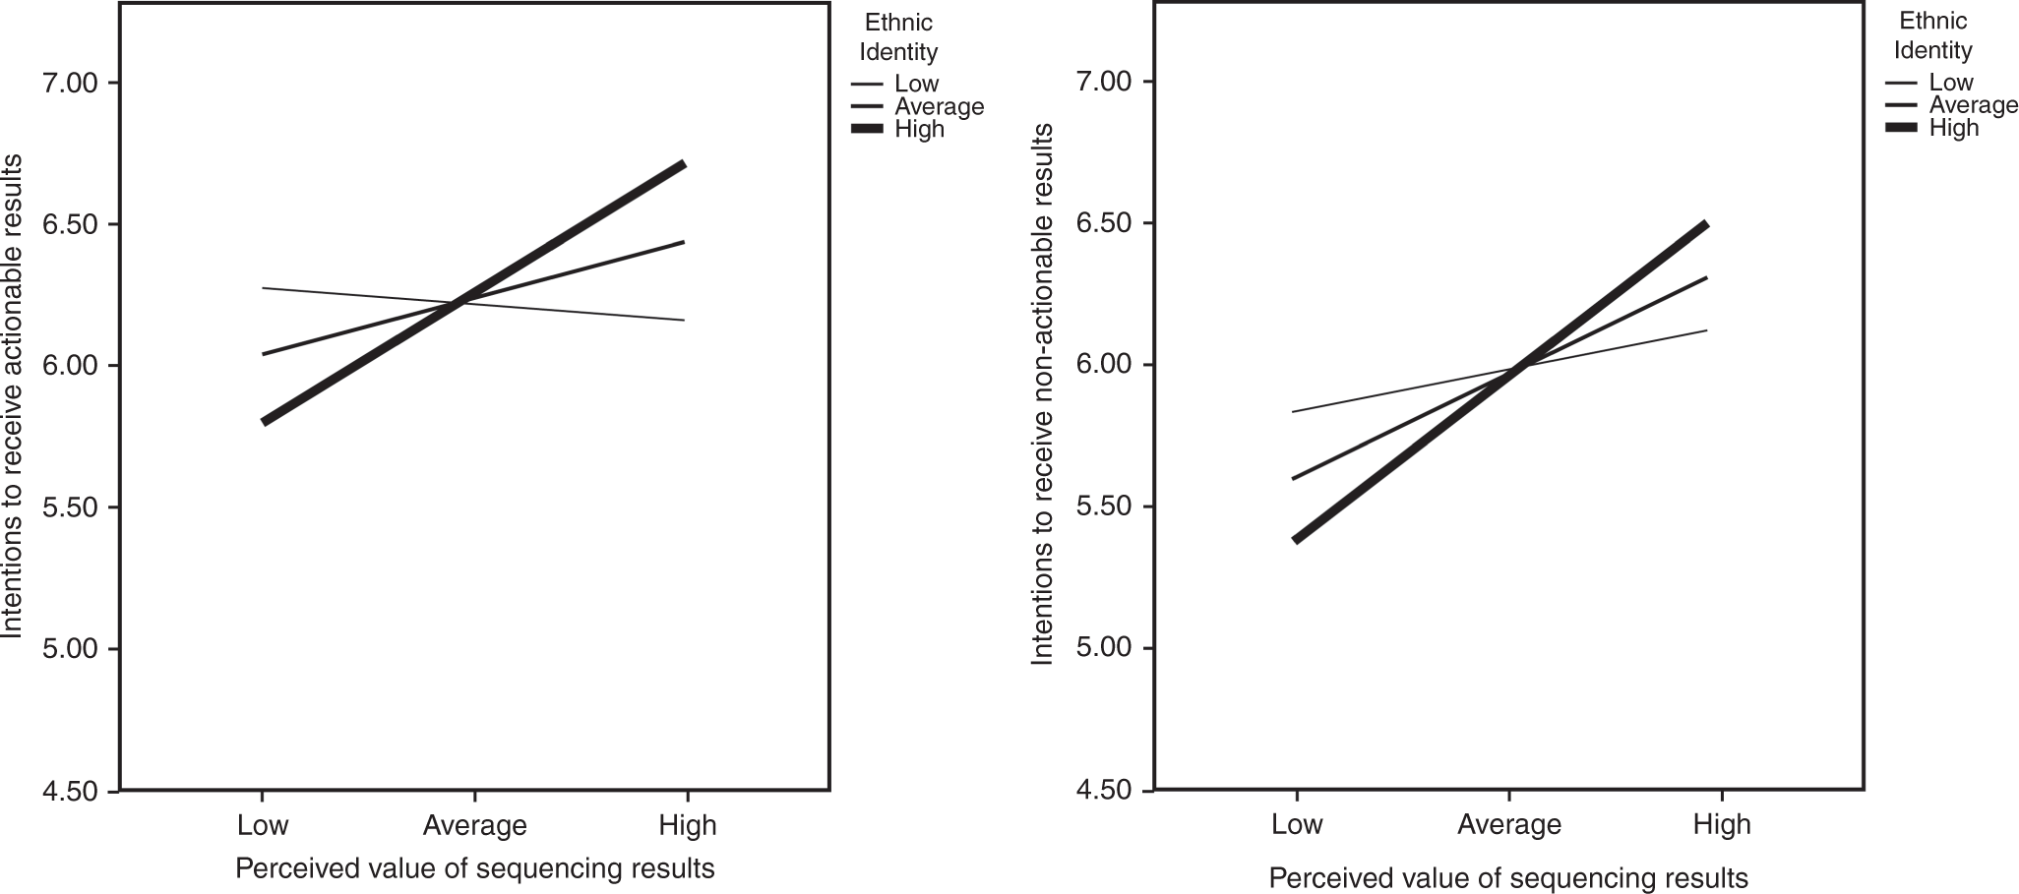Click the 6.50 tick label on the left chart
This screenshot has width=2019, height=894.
[x=68, y=224]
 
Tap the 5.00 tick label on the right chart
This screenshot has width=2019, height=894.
[x=1103, y=648]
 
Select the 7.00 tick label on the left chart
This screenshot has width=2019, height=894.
[x=68, y=83]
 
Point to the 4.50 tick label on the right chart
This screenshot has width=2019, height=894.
[x=1103, y=790]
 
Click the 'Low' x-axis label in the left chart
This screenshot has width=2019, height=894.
[x=263, y=824]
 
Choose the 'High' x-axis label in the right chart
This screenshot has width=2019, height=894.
[x=1722, y=823]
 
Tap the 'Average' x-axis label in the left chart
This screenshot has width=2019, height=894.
[x=475, y=824]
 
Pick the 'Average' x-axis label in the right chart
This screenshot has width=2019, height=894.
[x=1509, y=823]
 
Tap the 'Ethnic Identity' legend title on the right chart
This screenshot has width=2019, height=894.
[x=1932, y=35]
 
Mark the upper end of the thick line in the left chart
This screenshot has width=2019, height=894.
[x=684, y=164]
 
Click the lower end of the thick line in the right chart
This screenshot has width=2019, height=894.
[x=1297, y=540]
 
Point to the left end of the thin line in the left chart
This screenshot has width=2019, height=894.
[x=264, y=288]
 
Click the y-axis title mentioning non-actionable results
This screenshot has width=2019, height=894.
[x=1043, y=393]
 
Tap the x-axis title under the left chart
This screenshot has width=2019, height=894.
[x=475, y=868]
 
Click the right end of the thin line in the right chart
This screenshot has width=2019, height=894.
[x=1706, y=330]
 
